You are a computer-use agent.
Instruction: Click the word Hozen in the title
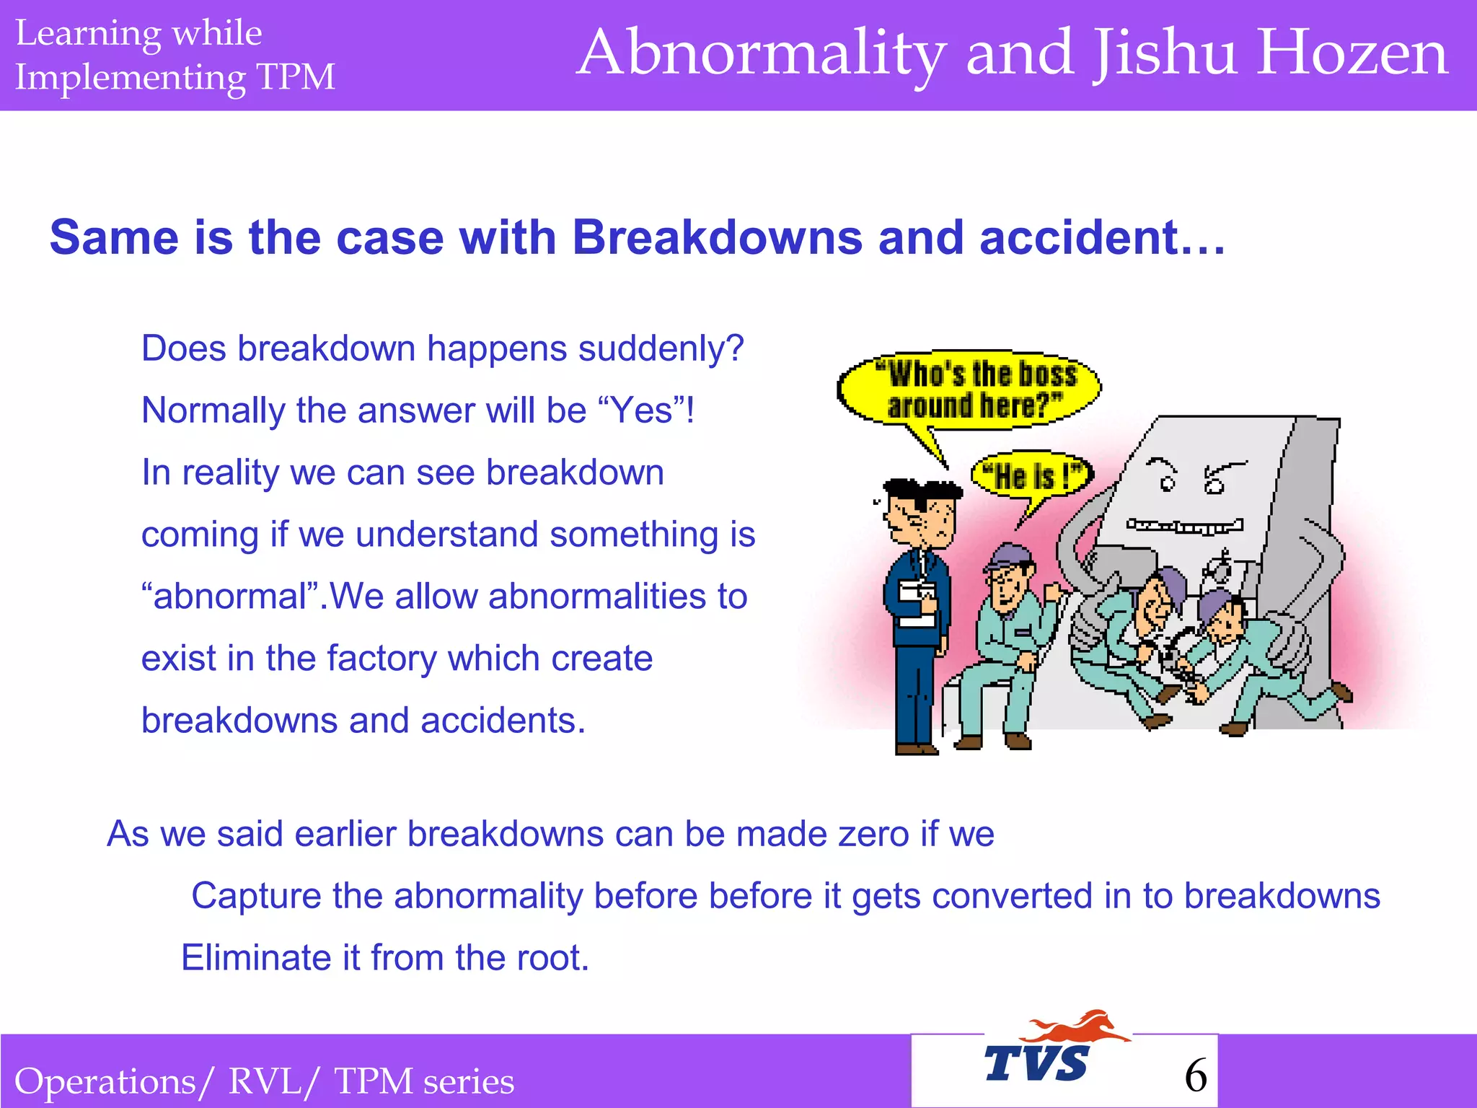pyautogui.click(x=1352, y=53)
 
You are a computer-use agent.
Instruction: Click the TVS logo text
pyautogui.click(x=1036, y=1063)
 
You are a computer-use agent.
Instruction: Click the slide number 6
pyautogui.click(x=1196, y=1076)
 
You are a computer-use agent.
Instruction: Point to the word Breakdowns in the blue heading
pyautogui.click(x=717, y=237)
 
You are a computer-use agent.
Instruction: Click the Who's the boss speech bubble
pyautogui.click(x=970, y=390)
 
